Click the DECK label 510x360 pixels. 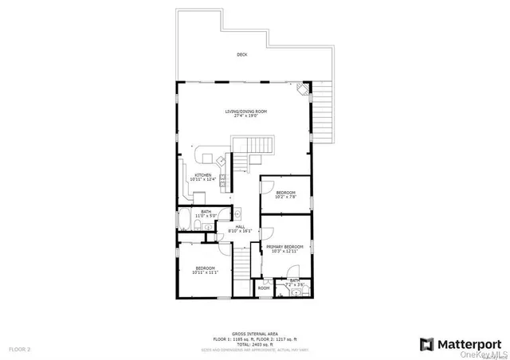(241, 55)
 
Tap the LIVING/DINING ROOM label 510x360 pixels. (241, 111)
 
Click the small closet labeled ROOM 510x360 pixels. (263, 288)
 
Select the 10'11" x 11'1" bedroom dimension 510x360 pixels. (205, 272)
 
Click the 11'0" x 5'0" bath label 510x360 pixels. (206, 215)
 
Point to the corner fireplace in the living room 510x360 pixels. (301, 90)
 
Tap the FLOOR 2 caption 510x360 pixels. (19, 349)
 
